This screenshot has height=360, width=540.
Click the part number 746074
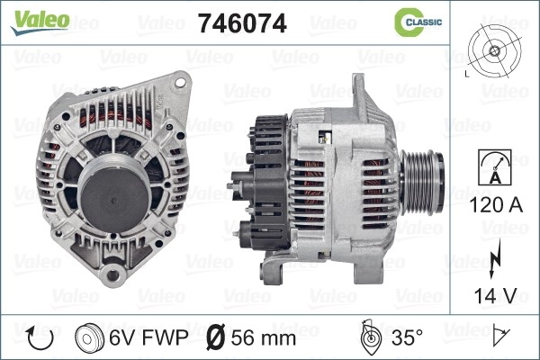(242, 23)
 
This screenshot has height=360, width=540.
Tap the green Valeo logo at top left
(40, 22)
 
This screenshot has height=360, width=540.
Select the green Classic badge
(418, 22)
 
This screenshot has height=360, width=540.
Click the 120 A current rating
(495, 205)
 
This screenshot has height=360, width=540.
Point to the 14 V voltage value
(495, 295)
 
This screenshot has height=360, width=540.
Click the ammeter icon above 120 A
(495, 167)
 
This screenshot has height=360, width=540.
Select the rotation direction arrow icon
(40, 338)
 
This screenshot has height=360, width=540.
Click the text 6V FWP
(148, 337)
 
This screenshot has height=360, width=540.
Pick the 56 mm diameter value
(264, 338)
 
